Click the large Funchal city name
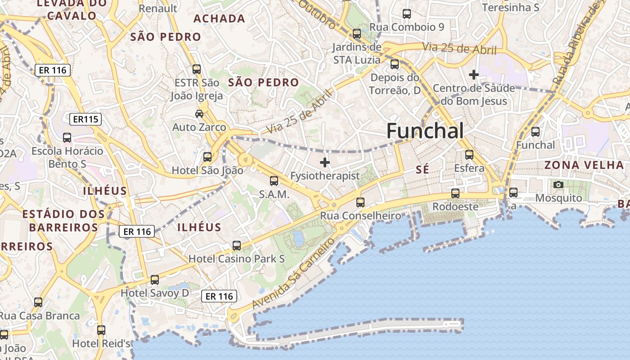pos(425,131)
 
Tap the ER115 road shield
pos(85,119)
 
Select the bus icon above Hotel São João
pos(207,157)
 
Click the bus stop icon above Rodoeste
pos(455,193)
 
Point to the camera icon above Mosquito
pos(558,184)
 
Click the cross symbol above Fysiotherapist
pos(325,162)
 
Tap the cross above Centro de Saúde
pos(473,74)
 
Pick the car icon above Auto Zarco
pos(199,114)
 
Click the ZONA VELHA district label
pos(587,165)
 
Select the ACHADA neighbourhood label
pos(219,18)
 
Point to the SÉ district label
pos(423,169)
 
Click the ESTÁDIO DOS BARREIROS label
pos(63,220)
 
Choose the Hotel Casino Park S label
pos(237,259)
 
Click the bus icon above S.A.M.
pos(274,181)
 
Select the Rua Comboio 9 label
pos(406,27)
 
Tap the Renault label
pos(158,8)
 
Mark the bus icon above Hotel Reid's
pos(101,330)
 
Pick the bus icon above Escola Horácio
pos(67,138)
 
